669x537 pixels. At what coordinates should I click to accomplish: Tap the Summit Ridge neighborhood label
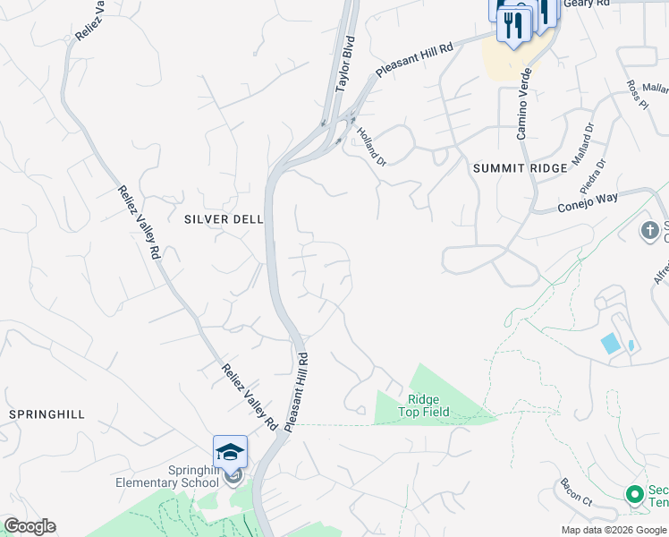tap(520, 167)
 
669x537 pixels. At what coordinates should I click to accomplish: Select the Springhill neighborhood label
tap(47, 414)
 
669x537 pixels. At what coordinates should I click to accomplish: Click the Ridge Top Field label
tap(428, 405)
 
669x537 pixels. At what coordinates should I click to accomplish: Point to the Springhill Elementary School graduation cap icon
tap(230, 450)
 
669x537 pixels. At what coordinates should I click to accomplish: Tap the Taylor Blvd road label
tap(345, 65)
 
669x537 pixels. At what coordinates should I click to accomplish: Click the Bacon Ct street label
tap(576, 491)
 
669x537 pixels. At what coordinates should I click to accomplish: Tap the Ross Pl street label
tap(637, 94)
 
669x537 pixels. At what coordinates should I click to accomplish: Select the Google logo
tap(30, 526)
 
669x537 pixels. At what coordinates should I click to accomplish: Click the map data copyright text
tap(614, 530)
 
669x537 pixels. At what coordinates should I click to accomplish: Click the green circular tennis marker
tap(635, 494)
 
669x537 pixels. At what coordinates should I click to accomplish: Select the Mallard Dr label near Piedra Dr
tap(583, 143)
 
